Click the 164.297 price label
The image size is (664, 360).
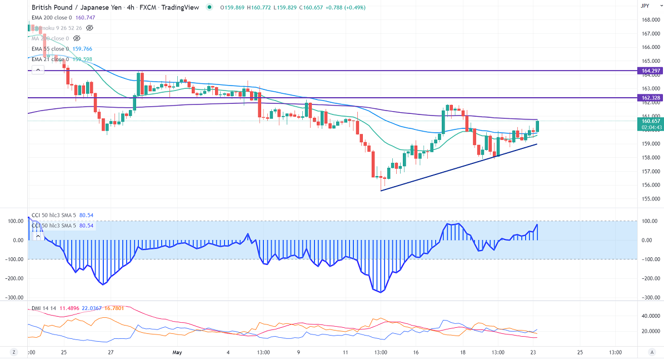(650, 71)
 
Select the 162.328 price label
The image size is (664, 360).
(650, 98)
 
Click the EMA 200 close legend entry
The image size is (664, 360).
(52, 18)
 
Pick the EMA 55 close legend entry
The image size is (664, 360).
(50, 48)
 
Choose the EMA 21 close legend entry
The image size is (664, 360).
(50, 59)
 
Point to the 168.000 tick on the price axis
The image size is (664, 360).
(650, 20)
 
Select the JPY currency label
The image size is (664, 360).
(645, 6)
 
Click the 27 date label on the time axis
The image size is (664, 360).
(111, 352)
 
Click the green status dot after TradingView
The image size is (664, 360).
(209, 7)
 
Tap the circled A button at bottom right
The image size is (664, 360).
(652, 352)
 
